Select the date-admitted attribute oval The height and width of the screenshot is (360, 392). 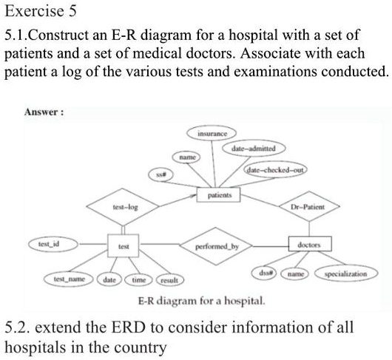pyautogui.click(x=249, y=149)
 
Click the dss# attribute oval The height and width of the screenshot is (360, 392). pyautogui.click(x=267, y=273)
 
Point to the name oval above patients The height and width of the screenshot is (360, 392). pyautogui.click(x=186, y=157)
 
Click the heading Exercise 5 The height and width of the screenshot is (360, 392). pyautogui.click(x=39, y=12)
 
